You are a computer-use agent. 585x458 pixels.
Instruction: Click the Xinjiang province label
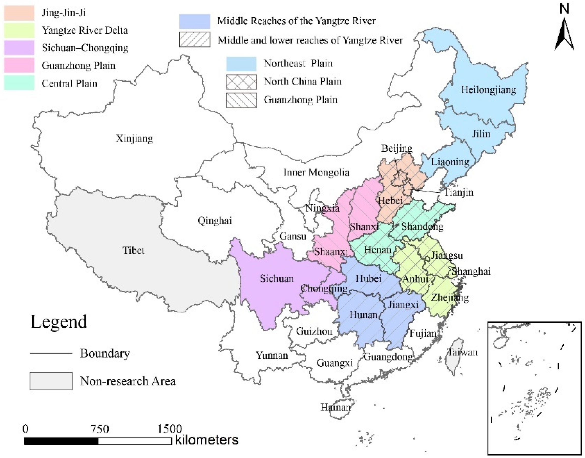pos(134,139)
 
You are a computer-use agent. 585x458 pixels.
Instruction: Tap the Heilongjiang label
pos(488,90)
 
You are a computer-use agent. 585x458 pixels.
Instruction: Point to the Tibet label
pos(133,251)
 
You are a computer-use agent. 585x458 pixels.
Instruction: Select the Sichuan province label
pos(277,279)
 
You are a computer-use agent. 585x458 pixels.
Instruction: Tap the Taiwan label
pos(463,352)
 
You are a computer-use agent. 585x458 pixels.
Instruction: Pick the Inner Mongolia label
pos(316,172)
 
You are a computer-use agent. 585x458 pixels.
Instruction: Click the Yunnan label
pos(272,356)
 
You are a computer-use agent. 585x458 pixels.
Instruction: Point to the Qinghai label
pos(215,221)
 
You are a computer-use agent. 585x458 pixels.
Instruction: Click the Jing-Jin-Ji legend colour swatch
pos(19,13)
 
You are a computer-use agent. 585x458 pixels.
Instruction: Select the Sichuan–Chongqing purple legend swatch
pos(19,48)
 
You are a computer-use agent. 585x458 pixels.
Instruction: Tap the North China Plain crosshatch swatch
pos(241,82)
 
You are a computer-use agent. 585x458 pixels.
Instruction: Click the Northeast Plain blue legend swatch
pos(241,64)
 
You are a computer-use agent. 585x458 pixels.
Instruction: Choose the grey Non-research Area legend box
pos(51,381)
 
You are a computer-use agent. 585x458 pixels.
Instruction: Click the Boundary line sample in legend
pos(51,353)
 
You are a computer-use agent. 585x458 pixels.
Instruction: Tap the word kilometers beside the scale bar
pos(207,440)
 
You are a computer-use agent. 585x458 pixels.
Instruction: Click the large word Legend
pos(59,322)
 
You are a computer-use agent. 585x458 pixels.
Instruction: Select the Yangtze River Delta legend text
pos(85,30)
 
